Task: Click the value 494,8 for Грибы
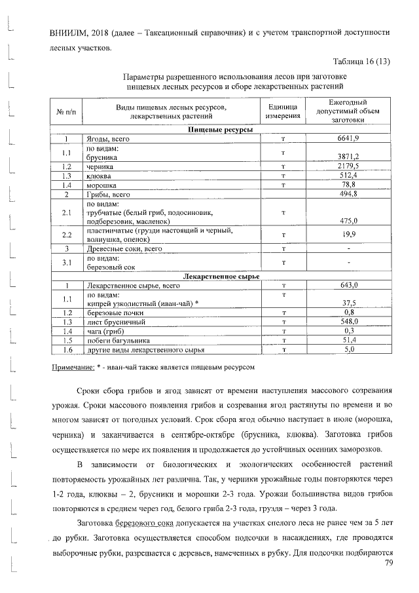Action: click(348, 195)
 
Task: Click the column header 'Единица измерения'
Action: click(283, 111)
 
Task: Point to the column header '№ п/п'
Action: click(66, 112)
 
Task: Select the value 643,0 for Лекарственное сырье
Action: click(348, 286)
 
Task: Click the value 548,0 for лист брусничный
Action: click(348, 322)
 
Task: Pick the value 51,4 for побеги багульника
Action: click(348, 341)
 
